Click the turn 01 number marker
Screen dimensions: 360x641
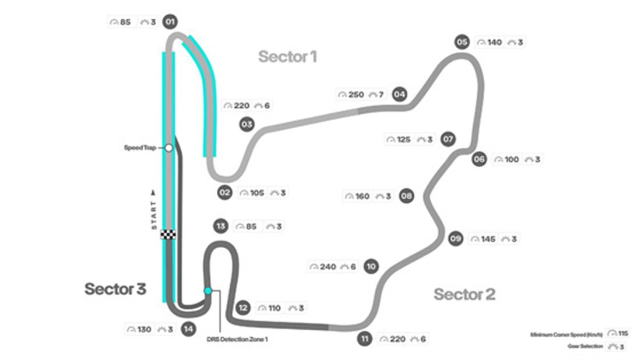pos(170,23)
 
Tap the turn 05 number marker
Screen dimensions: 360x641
pos(462,42)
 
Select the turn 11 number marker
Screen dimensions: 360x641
pos(365,338)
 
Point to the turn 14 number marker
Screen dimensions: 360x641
pos(188,329)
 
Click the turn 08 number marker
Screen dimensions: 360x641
pos(407,196)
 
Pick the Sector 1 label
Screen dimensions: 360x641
pos(287,57)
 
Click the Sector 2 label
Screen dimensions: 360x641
pos(464,295)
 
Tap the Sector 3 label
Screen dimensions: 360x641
pos(115,288)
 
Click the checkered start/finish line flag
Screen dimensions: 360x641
pos(168,234)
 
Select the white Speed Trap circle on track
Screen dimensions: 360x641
pos(168,148)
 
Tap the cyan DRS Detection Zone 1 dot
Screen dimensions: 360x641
pos(207,290)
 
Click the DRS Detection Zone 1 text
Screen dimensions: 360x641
pos(237,339)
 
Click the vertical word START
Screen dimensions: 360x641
pos(154,207)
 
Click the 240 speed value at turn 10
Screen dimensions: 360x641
pos(328,267)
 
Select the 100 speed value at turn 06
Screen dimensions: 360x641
pos(511,160)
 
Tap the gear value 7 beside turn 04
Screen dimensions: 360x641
pos(381,94)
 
